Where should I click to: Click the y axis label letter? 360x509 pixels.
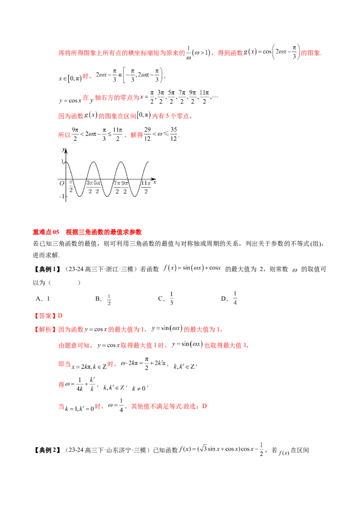click(63, 149)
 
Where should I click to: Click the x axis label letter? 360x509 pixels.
click(154, 182)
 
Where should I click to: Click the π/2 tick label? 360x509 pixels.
click(71, 188)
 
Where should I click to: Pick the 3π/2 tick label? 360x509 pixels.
click(90, 188)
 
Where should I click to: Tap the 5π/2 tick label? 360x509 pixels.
click(97, 188)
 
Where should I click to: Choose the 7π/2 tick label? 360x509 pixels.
click(117, 188)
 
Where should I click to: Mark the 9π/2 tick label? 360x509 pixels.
click(125, 188)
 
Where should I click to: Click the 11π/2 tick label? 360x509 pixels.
click(145, 188)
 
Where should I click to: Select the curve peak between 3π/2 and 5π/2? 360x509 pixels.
click(93, 162)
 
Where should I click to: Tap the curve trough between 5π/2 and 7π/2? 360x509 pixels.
click(107, 196)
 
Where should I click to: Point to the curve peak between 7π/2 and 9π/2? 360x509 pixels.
click(121, 162)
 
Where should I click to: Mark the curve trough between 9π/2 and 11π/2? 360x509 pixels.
click(135, 196)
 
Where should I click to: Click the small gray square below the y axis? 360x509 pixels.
click(67, 203)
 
